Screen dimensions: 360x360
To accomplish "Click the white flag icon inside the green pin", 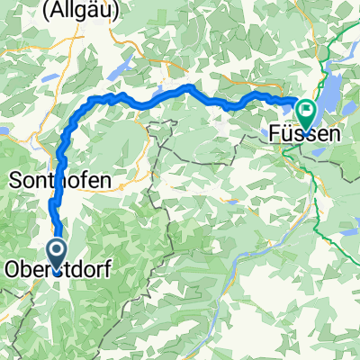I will [x=306, y=112].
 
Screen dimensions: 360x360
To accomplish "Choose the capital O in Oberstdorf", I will [x=13, y=268].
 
